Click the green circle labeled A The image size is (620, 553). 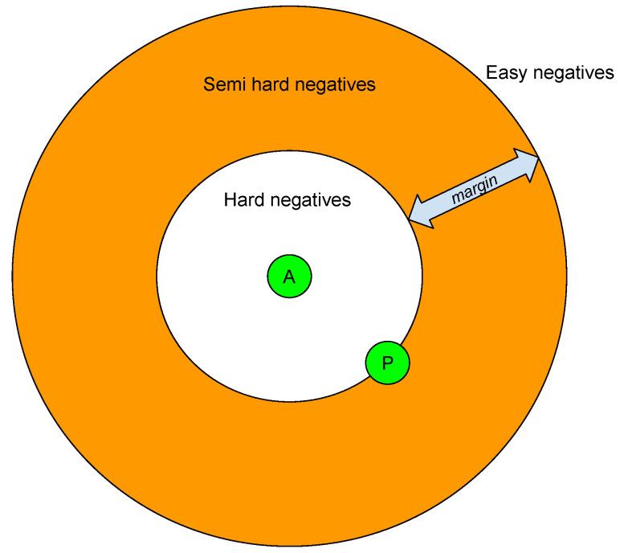point(289,277)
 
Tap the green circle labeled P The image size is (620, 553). point(388,362)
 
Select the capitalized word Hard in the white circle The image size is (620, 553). point(243,199)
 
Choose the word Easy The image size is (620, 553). point(505,74)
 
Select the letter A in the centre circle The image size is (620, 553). point(289,277)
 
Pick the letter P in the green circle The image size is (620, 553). point(388,363)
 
